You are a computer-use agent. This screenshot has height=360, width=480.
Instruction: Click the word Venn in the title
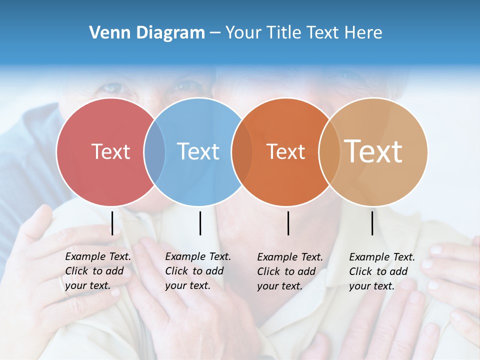coord(106,33)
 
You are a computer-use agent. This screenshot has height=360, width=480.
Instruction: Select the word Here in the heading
coord(364,33)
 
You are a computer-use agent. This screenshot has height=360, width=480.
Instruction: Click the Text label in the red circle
coord(110,151)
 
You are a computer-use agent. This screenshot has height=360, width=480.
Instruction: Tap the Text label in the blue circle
coord(198,151)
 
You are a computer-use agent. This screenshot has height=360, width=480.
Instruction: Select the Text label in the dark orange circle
coord(285,152)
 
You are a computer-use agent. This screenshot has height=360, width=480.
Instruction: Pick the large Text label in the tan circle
coord(373,151)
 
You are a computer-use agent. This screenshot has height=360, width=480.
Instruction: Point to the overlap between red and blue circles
coord(154,151)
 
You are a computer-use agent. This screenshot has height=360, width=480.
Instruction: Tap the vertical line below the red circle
coord(112,223)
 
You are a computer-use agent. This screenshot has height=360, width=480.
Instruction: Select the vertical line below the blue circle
coord(200,223)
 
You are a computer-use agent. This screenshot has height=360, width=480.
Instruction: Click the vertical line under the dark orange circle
coord(288,223)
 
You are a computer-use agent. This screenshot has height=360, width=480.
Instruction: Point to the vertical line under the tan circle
coord(372,223)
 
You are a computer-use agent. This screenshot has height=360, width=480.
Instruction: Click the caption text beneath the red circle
coord(97,271)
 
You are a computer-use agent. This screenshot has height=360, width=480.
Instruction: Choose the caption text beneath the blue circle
coord(197,271)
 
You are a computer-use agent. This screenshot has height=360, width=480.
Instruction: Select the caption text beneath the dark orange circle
coord(289,271)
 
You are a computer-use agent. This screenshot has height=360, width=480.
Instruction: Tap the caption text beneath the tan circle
coord(381,271)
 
